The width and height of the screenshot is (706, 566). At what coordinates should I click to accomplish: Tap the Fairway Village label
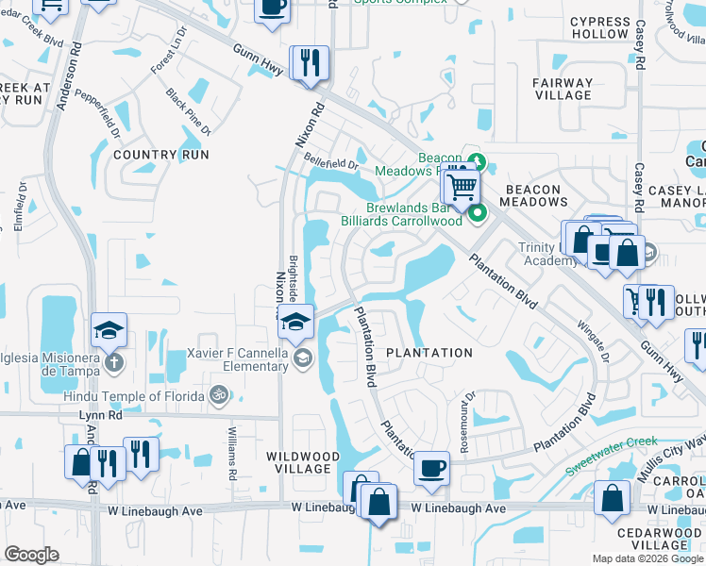click(563, 89)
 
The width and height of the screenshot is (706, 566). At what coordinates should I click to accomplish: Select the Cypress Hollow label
click(599, 27)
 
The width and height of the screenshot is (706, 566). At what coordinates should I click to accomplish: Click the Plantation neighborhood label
click(429, 353)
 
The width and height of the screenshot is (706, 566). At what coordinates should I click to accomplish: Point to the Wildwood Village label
click(298, 462)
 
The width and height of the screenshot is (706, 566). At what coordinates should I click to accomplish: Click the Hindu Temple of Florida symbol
click(219, 394)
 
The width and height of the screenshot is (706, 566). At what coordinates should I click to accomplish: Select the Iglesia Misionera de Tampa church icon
click(111, 362)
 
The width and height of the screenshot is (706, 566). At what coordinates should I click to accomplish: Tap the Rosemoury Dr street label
click(465, 409)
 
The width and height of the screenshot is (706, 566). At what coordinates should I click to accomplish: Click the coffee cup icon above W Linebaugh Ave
click(432, 467)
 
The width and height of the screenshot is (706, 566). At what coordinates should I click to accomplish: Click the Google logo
click(32, 556)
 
